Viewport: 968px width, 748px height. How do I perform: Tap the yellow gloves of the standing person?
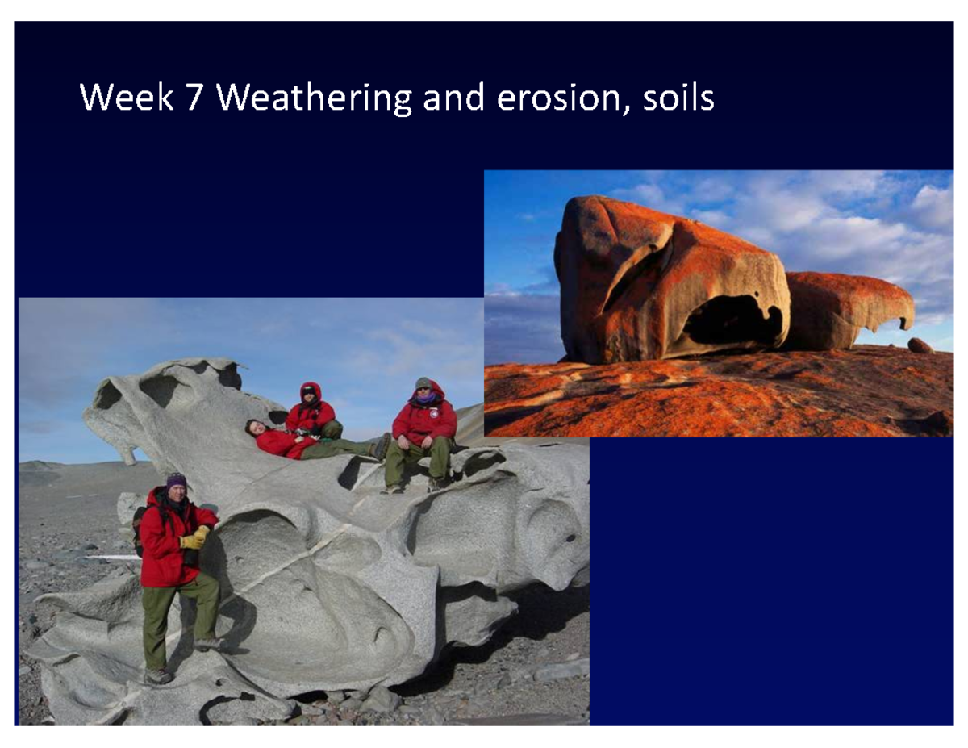(194, 538)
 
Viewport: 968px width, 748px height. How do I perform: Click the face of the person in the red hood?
(309, 395)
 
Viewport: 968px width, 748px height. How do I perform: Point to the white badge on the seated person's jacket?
(434, 415)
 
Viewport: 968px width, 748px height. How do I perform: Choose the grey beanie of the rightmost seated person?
(423, 382)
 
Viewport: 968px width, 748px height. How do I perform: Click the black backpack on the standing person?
(139, 529)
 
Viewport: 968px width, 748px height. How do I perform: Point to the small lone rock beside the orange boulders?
(920, 345)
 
